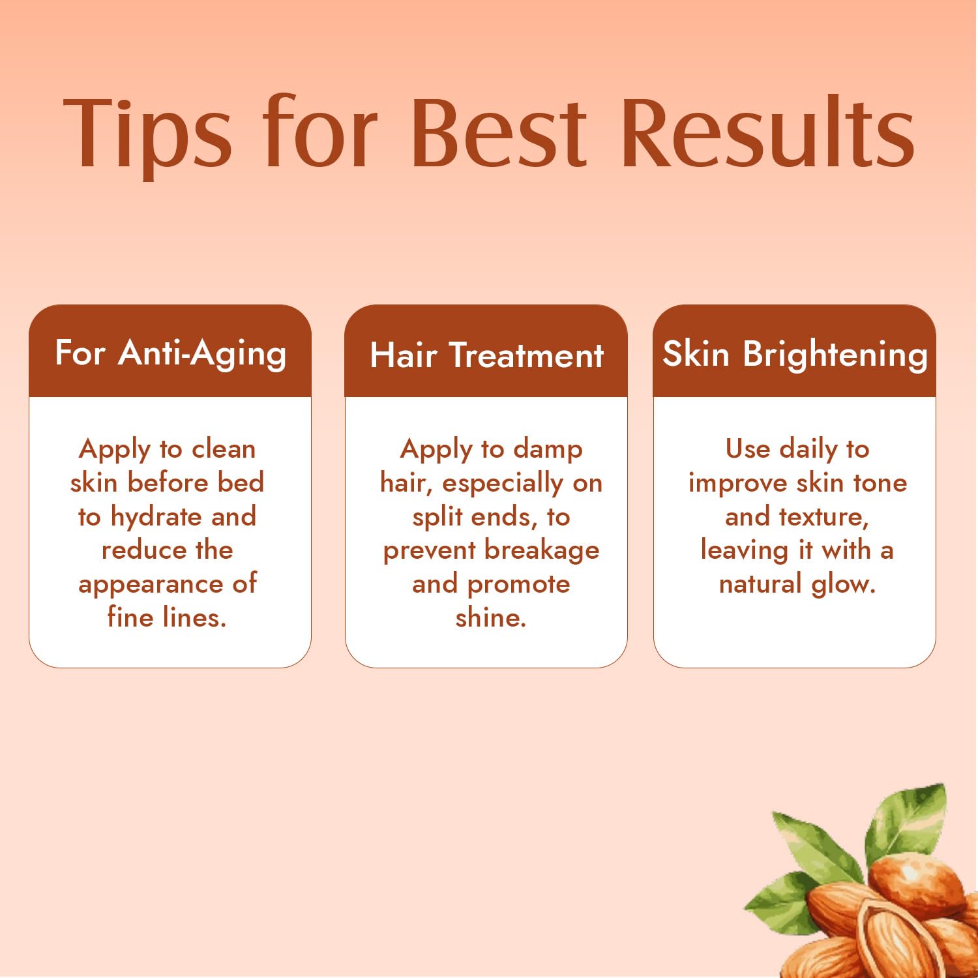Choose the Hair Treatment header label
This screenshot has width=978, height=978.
click(x=486, y=355)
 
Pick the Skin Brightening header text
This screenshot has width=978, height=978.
click(x=795, y=354)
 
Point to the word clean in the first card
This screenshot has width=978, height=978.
click(x=224, y=449)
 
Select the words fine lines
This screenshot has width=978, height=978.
click(x=167, y=617)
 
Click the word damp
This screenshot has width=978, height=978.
click(x=548, y=449)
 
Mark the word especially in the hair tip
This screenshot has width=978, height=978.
click(x=502, y=484)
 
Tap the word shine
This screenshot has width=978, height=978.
click(x=490, y=617)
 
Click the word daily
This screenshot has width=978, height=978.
click(x=808, y=449)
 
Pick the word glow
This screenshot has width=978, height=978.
click(x=842, y=584)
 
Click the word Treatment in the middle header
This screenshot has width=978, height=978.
click(x=526, y=356)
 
